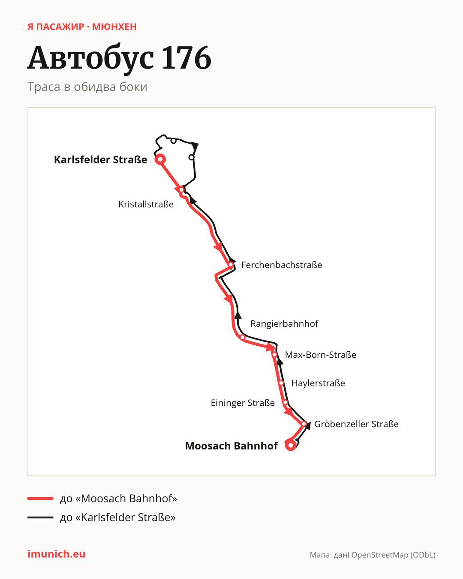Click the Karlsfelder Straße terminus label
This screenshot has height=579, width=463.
[100, 160]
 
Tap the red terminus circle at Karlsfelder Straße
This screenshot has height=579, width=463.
[160, 159]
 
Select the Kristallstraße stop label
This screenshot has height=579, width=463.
[146, 204]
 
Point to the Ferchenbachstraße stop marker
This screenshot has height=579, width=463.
[231, 265]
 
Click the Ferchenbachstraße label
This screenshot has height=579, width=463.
[281, 265]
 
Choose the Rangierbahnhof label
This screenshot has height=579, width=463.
[284, 324]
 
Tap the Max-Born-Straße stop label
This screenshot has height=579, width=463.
[320, 355]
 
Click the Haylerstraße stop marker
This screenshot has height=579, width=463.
[281, 383]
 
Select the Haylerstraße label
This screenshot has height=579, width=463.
[318, 383]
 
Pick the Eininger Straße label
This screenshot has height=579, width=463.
[242, 403]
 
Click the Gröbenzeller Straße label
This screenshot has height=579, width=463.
[356, 424]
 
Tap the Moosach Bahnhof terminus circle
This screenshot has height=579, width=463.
[291, 445]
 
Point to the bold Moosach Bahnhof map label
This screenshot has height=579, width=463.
[231, 446]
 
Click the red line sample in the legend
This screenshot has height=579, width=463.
[40, 498]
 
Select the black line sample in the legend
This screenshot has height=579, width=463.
[40, 517]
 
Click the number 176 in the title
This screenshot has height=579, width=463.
[186, 58]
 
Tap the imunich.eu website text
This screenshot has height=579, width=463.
[56, 554]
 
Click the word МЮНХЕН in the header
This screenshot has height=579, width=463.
[114, 27]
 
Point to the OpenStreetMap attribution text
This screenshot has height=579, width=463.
[373, 555]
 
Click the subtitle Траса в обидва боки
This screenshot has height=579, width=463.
[87, 87]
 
